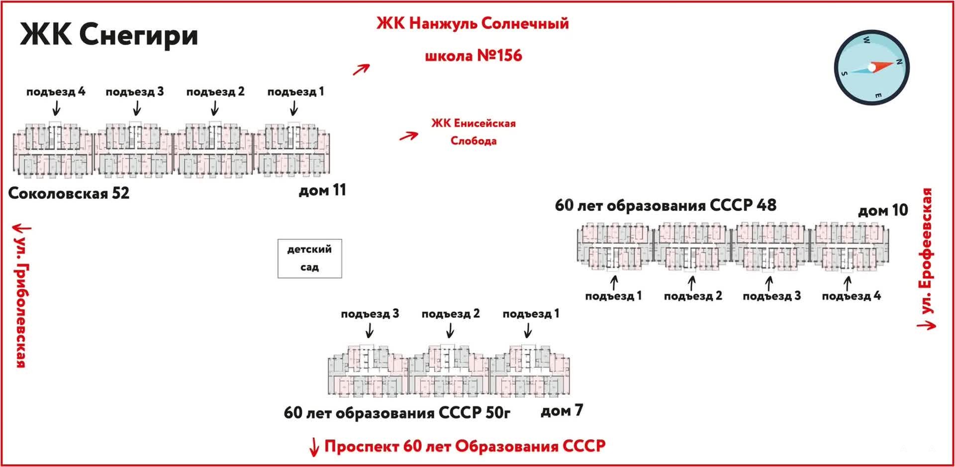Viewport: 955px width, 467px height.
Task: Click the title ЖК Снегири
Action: [108, 35]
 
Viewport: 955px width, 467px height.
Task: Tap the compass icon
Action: [871, 67]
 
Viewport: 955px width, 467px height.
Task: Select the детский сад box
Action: [309, 258]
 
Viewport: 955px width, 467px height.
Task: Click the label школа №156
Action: [473, 55]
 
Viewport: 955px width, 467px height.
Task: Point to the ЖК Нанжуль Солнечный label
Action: [472, 23]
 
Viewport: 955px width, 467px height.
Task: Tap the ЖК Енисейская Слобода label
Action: [473, 132]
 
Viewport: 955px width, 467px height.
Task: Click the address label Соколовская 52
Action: [69, 193]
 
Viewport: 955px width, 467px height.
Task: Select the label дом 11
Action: [322, 190]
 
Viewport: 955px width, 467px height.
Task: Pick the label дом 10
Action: [882, 210]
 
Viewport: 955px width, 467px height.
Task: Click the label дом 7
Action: [561, 411]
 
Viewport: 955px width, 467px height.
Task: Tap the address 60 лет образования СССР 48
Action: [665, 205]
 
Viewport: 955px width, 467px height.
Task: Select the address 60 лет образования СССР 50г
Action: [396, 413]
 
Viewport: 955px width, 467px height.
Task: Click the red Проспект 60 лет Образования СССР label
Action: [465, 446]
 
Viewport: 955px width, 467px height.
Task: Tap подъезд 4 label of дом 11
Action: [56, 92]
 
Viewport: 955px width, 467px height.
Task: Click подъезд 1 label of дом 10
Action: [613, 296]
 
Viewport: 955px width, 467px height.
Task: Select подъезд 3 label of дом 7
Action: [370, 314]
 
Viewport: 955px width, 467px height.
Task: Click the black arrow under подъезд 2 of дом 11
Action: [215, 108]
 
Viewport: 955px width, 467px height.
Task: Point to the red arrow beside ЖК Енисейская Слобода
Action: [408, 136]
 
